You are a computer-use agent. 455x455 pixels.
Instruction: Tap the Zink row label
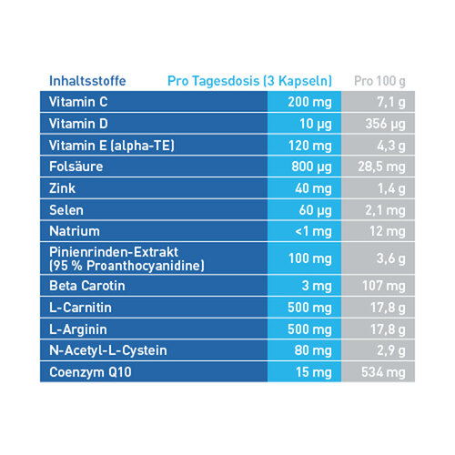(63, 187)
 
